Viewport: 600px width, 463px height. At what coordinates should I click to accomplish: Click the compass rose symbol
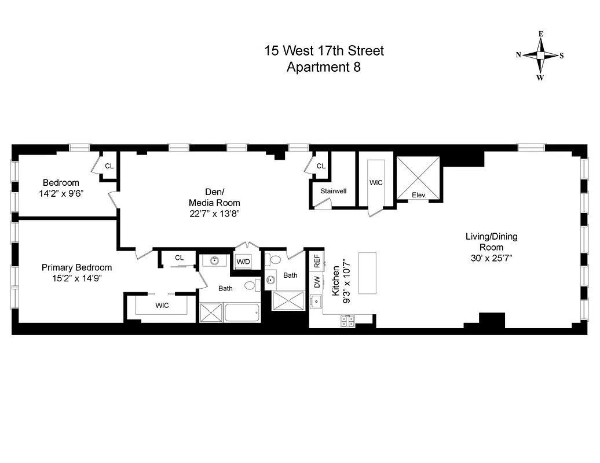tap(540, 56)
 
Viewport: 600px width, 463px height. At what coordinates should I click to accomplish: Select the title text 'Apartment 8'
tap(324, 67)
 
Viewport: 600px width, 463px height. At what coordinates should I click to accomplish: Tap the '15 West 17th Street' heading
tap(324, 51)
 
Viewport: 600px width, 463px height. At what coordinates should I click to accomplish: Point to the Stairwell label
tap(333, 190)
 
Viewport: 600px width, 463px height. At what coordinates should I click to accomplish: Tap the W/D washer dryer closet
tap(242, 261)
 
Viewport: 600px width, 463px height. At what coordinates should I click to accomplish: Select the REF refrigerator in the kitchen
tap(317, 260)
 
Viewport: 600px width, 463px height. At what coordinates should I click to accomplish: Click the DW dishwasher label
tap(317, 283)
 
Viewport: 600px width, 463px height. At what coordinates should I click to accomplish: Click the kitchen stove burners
tap(348, 321)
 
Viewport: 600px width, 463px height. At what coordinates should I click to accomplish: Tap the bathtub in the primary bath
tap(242, 313)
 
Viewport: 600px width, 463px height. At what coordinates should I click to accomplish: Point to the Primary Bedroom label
tap(76, 267)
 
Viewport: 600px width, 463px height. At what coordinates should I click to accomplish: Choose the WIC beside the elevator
tap(376, 182)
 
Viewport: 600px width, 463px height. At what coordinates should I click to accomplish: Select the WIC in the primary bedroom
tap(162, 305)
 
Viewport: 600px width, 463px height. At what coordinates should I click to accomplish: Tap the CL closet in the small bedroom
tap(109, 166)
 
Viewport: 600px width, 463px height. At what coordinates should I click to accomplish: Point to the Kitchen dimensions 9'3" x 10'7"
tap(346, 284)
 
